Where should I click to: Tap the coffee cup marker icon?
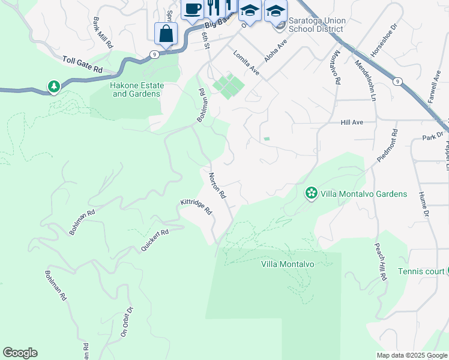(192, 9)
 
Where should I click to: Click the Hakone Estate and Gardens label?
(136, 89)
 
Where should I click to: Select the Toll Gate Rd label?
(82, 65)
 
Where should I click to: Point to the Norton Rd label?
(217, 185)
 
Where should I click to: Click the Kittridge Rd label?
(196, 207)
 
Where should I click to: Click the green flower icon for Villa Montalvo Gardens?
(312, 193)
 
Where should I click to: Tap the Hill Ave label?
(352, 122)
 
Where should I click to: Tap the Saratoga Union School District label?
(316, 25)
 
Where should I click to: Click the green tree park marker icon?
(54, 88)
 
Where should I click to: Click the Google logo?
(20, 353)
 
